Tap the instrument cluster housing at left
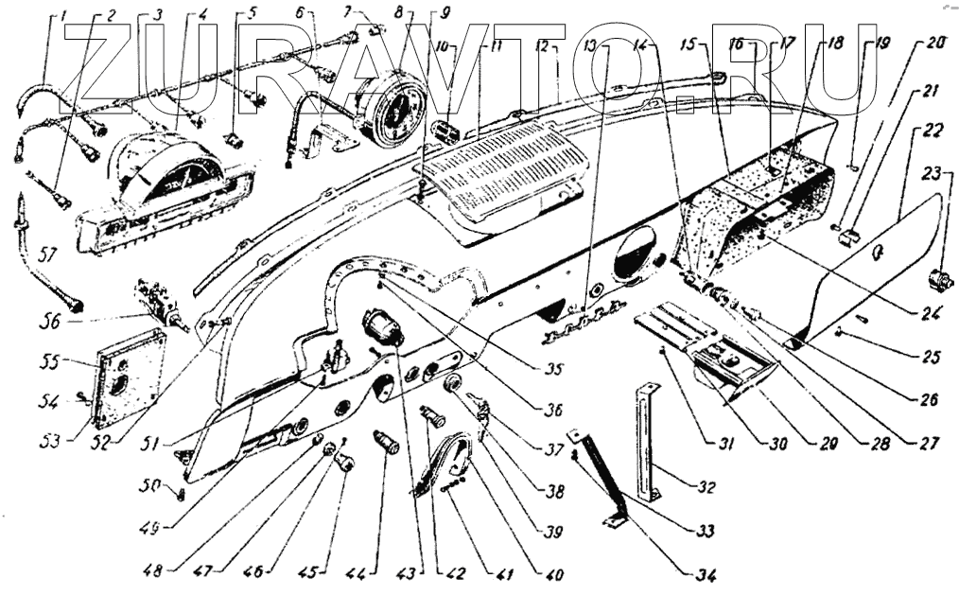coord(170,189)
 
